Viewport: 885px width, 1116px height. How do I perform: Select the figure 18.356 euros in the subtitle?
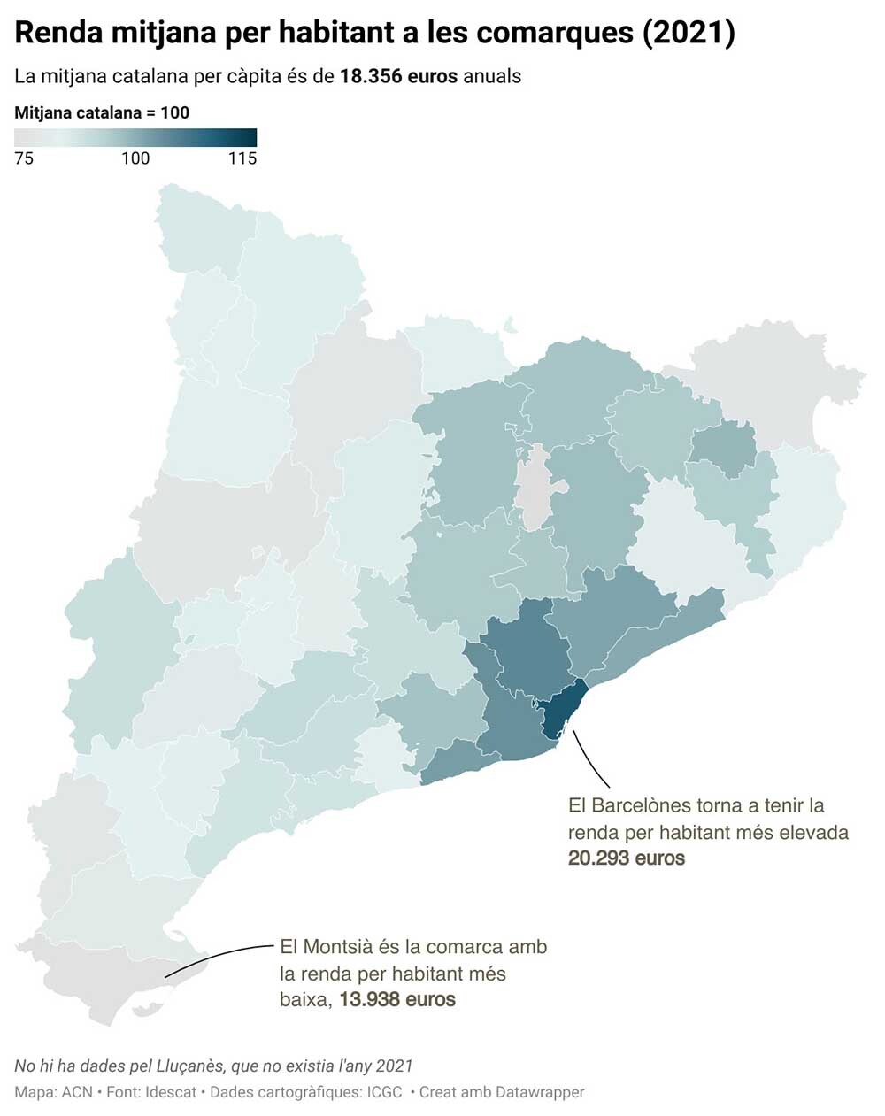point(398,76)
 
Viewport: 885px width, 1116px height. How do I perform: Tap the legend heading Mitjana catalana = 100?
point(102,112)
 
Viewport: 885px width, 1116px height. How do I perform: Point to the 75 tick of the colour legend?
point(24,158)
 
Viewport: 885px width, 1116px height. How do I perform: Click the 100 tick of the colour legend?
point(135,158)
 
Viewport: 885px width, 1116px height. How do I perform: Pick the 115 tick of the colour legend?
point(242,158)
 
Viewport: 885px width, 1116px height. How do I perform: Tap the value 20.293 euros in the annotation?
point(626,858)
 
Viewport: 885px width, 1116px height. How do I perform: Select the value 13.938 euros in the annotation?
point(397,999)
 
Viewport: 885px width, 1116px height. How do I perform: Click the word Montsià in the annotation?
point(337,946)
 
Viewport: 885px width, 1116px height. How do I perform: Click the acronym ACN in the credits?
point(77,1092)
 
